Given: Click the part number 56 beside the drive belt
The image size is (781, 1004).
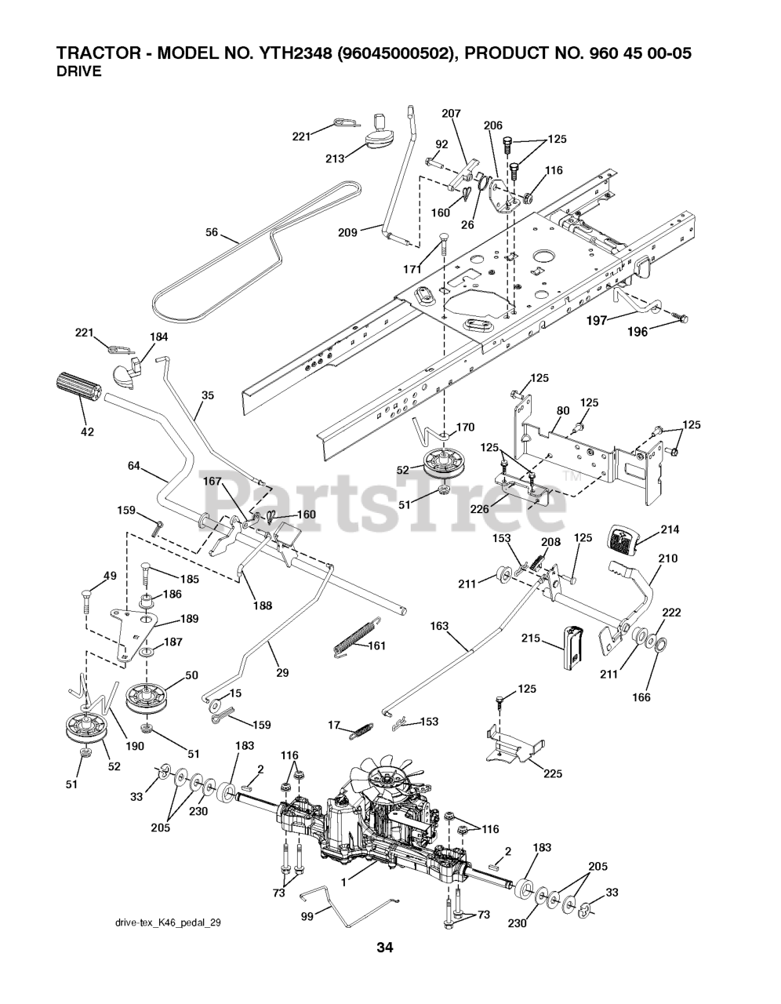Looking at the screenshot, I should [211, 232].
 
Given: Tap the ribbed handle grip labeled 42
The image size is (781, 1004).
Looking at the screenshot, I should [78, 387].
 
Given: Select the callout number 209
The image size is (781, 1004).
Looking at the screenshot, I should [347, 232].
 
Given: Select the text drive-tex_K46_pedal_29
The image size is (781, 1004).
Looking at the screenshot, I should [170, 923].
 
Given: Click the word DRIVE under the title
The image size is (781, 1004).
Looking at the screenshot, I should [78, 71].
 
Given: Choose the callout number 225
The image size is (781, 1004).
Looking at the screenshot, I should [553, 773].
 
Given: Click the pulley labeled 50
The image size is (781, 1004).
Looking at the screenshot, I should [150, 696].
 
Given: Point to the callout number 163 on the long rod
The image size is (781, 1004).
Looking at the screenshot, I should [440, 626].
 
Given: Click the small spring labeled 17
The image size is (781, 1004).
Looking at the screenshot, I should [360, 729].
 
